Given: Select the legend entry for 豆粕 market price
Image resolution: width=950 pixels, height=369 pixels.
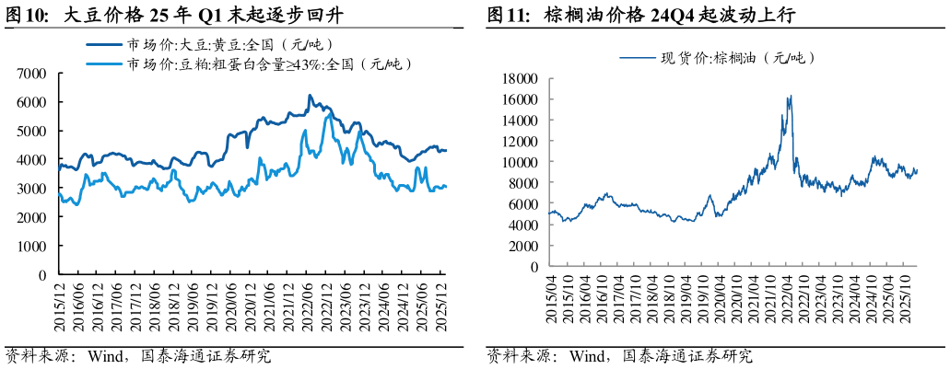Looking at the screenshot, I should coord(267,63).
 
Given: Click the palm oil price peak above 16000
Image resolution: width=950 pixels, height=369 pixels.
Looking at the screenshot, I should coord(790,96).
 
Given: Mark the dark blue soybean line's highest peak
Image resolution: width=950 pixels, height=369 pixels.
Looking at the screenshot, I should coord(310,95).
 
